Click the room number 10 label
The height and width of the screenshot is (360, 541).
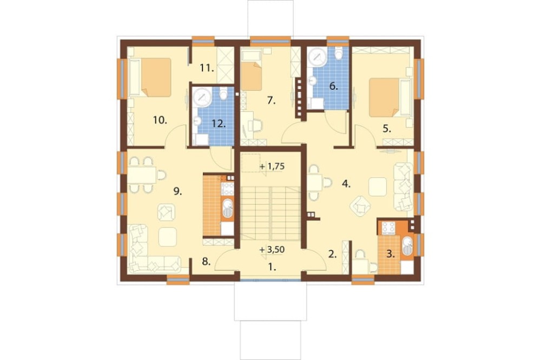coord(160,121)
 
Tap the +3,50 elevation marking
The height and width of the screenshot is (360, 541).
coord(273,250)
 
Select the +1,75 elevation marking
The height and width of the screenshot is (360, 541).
coord(272,166)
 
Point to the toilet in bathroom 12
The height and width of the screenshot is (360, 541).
coord(223,94)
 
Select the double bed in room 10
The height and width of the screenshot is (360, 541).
coord(150,77)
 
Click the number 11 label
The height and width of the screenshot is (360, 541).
coord(207,68)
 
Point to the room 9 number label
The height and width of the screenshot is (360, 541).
coord(177,191)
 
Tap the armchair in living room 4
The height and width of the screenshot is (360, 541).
coord(360,206)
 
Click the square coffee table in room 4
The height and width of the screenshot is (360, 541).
coord(378,186)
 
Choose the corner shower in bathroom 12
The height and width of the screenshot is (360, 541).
coord(202,97)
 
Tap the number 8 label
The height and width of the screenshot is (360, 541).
coord(206,262)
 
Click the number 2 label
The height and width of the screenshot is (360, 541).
coord(332,255)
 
